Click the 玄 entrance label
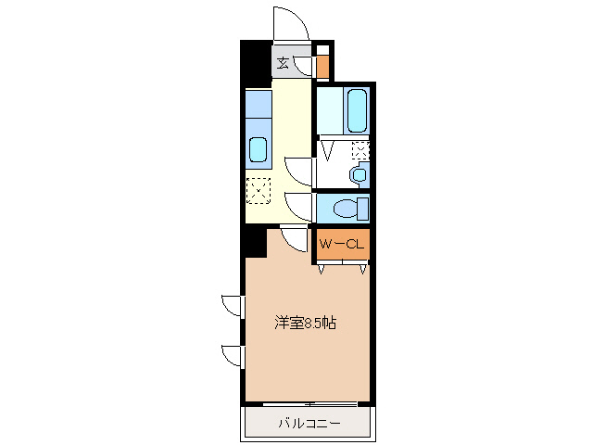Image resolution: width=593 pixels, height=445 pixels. [x=282, y=63]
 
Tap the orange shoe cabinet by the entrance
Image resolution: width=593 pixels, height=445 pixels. [x=322, y=67]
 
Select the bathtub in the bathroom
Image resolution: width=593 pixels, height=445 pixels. [x=357, y=110]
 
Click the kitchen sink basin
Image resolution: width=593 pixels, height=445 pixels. [x=258, y=149]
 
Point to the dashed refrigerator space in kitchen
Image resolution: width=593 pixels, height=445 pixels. [x=259, y=191]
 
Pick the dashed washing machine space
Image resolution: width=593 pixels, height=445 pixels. [x=360, y=150]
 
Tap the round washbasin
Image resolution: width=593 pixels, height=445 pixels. [x=359, y=173]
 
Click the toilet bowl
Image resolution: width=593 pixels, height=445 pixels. [x=347, y=208]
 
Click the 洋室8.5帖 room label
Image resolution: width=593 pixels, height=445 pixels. [x=305, y=324]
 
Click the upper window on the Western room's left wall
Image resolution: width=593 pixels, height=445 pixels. [x=232, y=306]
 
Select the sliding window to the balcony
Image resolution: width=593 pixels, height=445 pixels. [x=309, y=404]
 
